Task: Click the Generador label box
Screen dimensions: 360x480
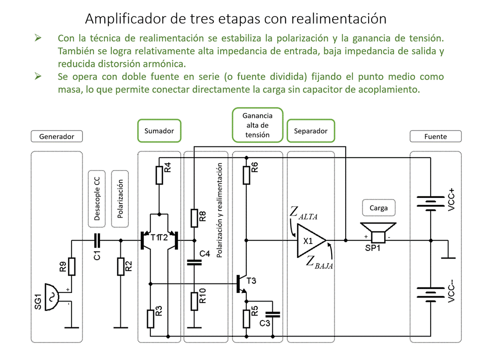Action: coord(56,136)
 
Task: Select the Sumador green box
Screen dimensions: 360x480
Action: coord(159,131)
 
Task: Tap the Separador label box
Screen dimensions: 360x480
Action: coord(311,131)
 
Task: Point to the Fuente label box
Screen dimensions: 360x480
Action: coord(435,136)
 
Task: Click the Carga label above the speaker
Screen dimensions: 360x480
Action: coord(379,207)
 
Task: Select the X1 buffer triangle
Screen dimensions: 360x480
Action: coord(310,240)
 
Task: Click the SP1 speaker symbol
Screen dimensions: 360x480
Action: coord(379,233)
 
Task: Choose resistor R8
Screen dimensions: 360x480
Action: coord(194,217)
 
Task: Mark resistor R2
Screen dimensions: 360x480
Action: coord(120,266)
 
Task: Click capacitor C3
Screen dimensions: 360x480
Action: coord(273,315)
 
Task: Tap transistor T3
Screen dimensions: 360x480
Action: coord(242,283)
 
